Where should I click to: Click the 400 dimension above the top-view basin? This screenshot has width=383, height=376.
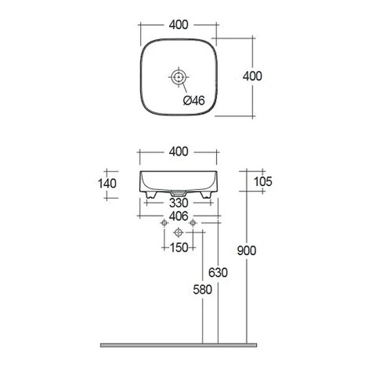tap(179, 25)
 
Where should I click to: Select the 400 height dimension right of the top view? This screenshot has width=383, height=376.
tap(252, 76)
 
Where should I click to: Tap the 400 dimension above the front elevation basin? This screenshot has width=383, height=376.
tap(179, 152)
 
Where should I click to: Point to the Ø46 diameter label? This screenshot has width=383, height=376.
tap(194, 101)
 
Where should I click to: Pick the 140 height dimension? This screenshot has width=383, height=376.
tap(107, 184)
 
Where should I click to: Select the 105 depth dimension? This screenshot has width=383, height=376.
tap(263, 182)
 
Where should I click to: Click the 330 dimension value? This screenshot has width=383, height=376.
tap(179, 203)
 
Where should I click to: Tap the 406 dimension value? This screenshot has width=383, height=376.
tap(179, 216)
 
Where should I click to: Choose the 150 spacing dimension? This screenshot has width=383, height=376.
tap(179, 248)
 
